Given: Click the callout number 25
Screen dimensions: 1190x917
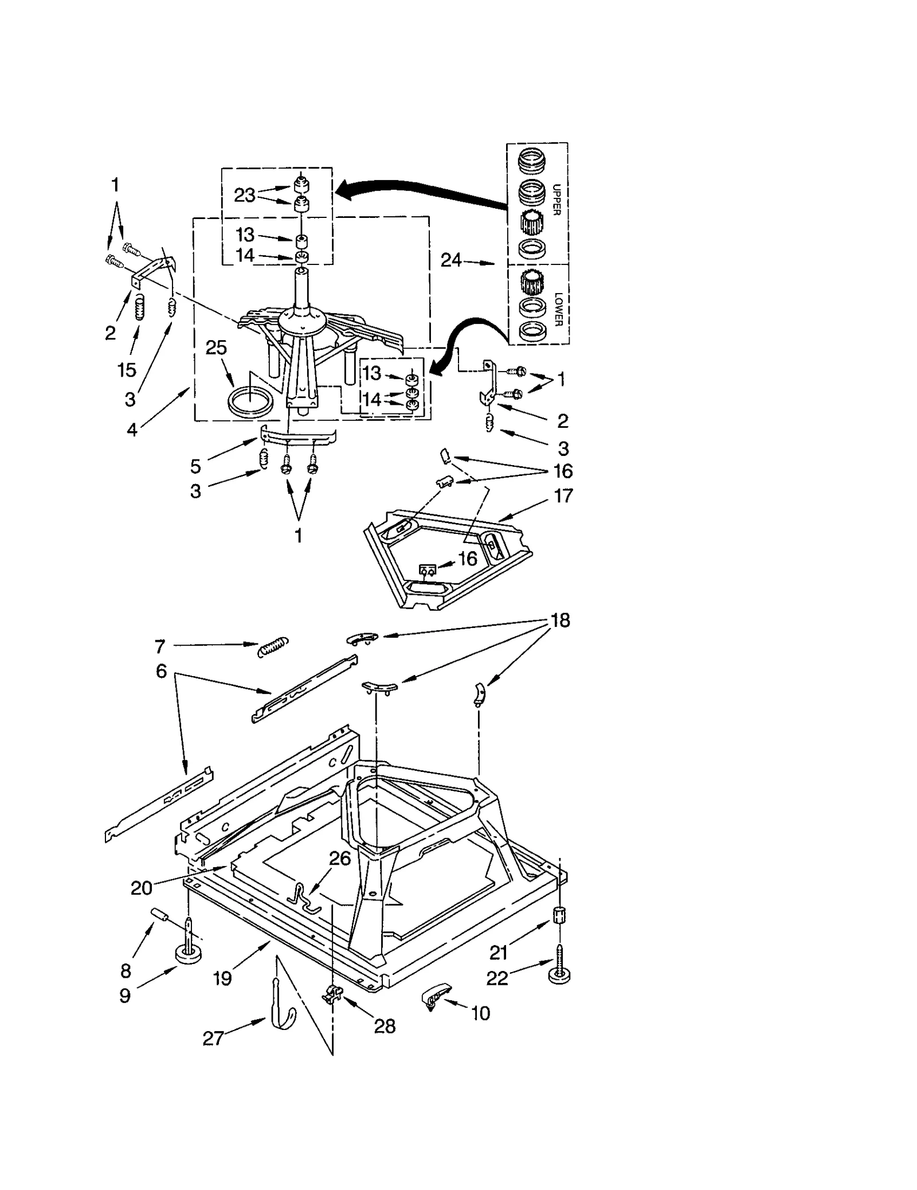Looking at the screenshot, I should (x=216, y=348).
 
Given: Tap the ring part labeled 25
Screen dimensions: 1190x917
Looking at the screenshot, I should (x=250, y=400).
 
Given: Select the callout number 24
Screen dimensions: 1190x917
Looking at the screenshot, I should (x=450, y=260).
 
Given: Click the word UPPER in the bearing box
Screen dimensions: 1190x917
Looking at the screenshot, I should (x=556, y=199).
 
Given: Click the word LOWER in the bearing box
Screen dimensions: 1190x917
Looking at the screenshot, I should (x=558, y=309).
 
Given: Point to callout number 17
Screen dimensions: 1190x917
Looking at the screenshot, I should (x=563, y=495).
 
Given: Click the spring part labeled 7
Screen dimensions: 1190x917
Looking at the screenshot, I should (x=273, y=647).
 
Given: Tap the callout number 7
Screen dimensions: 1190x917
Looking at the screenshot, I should (x=159, y=647).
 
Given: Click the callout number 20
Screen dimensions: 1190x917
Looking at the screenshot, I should (x=141, y=888).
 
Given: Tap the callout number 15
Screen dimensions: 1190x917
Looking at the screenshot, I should (x=127, y=370).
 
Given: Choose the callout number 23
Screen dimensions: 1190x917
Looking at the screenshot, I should (x=244, y=196).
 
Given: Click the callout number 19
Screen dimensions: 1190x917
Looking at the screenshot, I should (x=222, y=978).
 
